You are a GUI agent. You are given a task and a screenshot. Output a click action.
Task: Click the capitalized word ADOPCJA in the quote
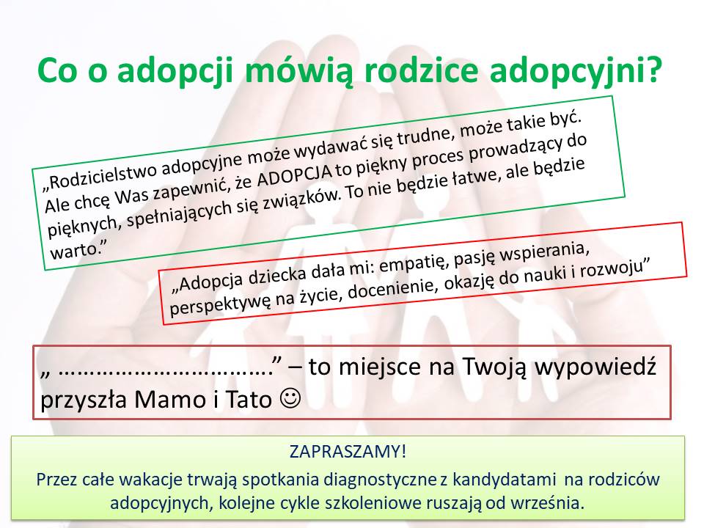click(x=294, y=173)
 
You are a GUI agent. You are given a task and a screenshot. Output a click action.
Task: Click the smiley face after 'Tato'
click(x=290, y=398)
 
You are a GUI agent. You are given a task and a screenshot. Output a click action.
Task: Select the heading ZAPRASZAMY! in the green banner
click(x=348, y=451)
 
